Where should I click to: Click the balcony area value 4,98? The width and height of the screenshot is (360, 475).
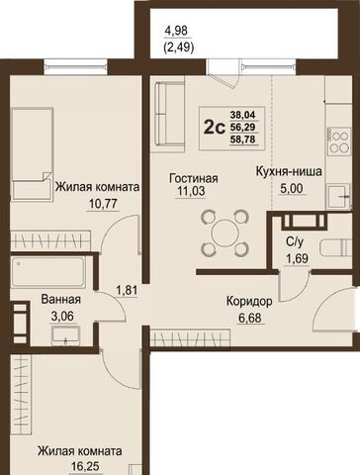point(176,31)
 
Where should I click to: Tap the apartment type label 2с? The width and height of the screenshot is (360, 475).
point(215,128)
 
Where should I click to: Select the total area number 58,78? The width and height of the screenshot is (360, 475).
point(243,140)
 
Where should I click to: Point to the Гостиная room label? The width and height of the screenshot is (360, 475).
point(194,178)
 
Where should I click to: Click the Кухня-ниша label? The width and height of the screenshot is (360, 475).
point(289,172)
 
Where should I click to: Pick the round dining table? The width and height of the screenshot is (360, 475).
point(225,234)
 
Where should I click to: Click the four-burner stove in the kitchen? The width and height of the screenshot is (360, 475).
point(339,142)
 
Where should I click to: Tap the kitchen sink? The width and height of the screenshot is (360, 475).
point(338,197)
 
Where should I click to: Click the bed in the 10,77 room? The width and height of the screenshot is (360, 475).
point(32,154)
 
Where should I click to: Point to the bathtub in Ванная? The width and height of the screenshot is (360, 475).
point(48,272)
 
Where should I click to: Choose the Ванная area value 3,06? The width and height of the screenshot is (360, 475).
point(62,317)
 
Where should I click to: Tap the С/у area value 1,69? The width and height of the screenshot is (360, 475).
point(297,258)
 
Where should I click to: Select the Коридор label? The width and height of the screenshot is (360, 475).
point(249,301)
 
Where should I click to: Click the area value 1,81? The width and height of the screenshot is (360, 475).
point(127,290)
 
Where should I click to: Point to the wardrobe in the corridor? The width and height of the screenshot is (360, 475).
point(190,337)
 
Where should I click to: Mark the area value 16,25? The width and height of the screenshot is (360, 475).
point(85,466)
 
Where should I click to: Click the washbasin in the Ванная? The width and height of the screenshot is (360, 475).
point(65,335)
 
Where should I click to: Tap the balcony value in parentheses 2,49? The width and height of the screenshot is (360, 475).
point(178,48)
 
